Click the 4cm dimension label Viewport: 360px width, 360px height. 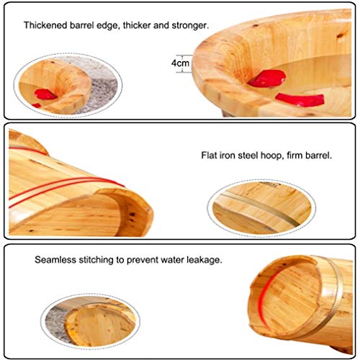coord(180,63)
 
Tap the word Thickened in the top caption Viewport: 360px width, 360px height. coord(45,25)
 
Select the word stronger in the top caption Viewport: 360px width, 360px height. coord(190,25)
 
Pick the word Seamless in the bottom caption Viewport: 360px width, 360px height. coord(55,260)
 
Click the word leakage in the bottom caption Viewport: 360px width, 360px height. coord(204,261)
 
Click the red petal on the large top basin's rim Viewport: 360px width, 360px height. coord(267,78)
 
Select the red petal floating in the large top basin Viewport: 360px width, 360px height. coord(300,99)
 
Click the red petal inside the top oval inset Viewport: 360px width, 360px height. coord(45,94)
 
